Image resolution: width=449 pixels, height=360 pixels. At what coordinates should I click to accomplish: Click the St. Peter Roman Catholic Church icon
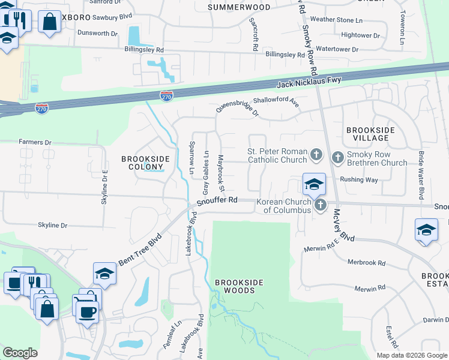click(316, 156)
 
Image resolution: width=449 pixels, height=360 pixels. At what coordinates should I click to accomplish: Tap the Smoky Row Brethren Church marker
click(337, 158)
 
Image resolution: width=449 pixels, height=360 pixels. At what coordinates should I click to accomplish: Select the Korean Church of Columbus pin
click(321, 205)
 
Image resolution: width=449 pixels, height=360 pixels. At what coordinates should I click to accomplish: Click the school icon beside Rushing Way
click(314, 184)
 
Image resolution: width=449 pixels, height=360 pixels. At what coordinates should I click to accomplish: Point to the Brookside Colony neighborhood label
click(145, 163)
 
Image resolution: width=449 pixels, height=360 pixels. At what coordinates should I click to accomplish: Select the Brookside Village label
click(370, 134)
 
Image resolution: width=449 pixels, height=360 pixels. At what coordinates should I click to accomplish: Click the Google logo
click(20, 352)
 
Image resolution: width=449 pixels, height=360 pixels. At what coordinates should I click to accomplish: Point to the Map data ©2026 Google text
click(412, 355)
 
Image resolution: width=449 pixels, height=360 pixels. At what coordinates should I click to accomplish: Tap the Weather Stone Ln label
click(336, 19)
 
